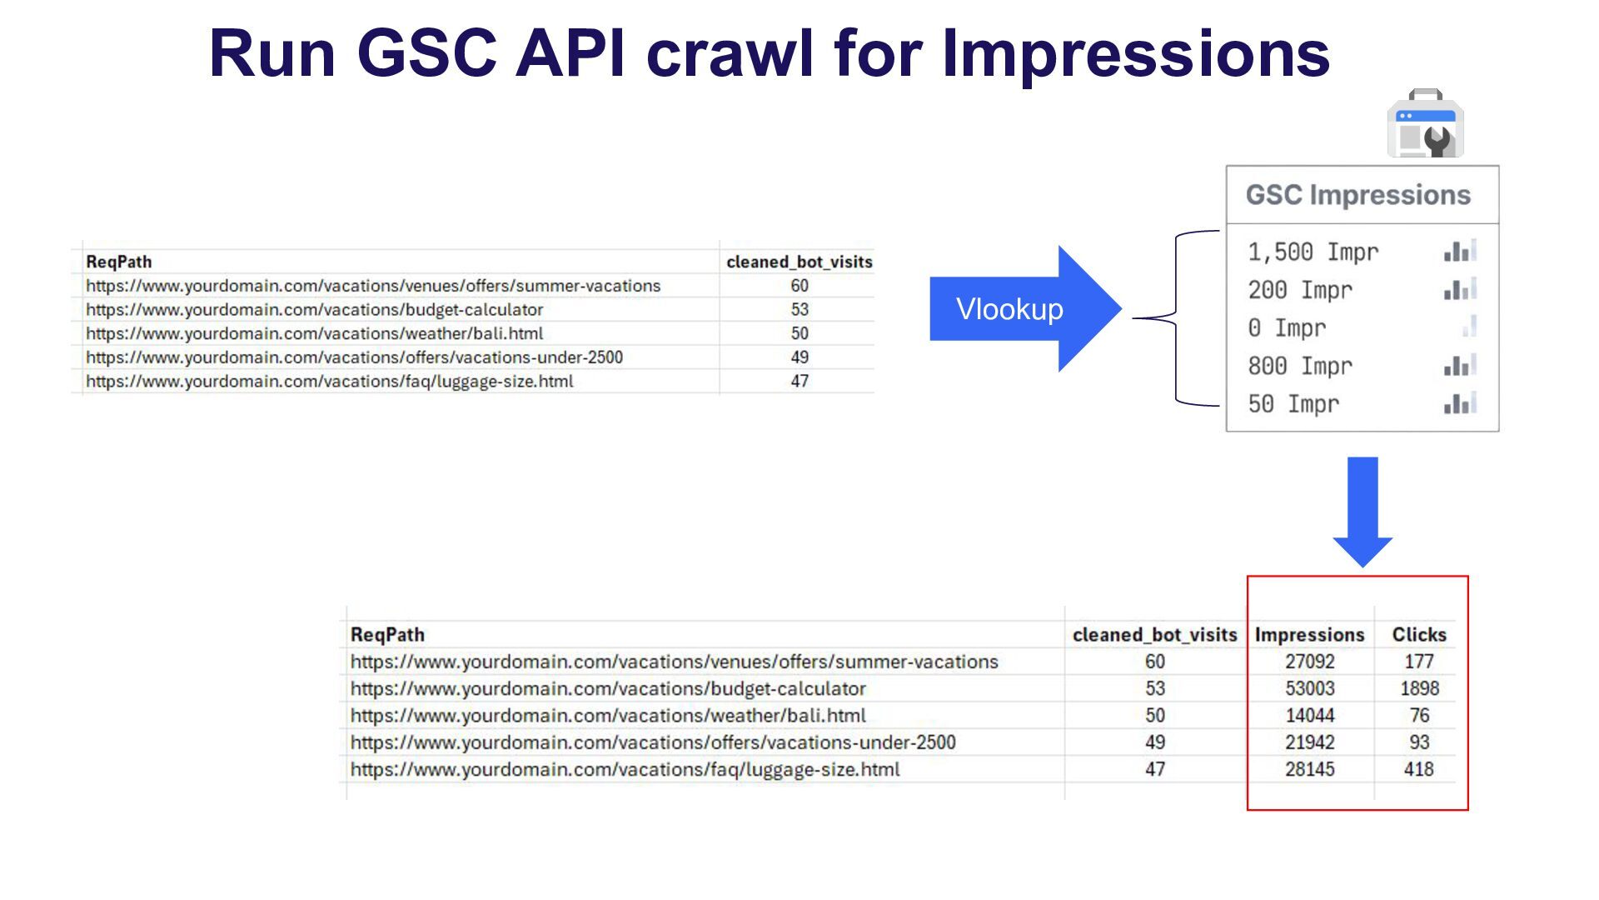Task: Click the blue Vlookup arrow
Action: [1025, 309]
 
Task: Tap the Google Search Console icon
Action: [1425, 123]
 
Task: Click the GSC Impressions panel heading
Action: [1357, 195]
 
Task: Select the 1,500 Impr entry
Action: [1313, 252]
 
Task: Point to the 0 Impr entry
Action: [1287, 328]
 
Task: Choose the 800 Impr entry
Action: [1300, 366]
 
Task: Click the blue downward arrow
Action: [1362, 512]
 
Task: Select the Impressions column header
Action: [1309, 635]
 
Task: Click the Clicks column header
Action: [1419, 635]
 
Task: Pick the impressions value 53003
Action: [1309, 688]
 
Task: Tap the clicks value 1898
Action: [1419, 688]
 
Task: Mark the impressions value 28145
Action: [1309, 769]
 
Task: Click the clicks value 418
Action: [1419, 769]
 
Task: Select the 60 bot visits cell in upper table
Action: [799, 286]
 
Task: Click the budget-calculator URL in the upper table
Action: [314, 310]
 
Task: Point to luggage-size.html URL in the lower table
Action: [625, 770]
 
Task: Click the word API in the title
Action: [570, 53]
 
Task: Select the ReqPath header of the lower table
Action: [387, 635]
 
